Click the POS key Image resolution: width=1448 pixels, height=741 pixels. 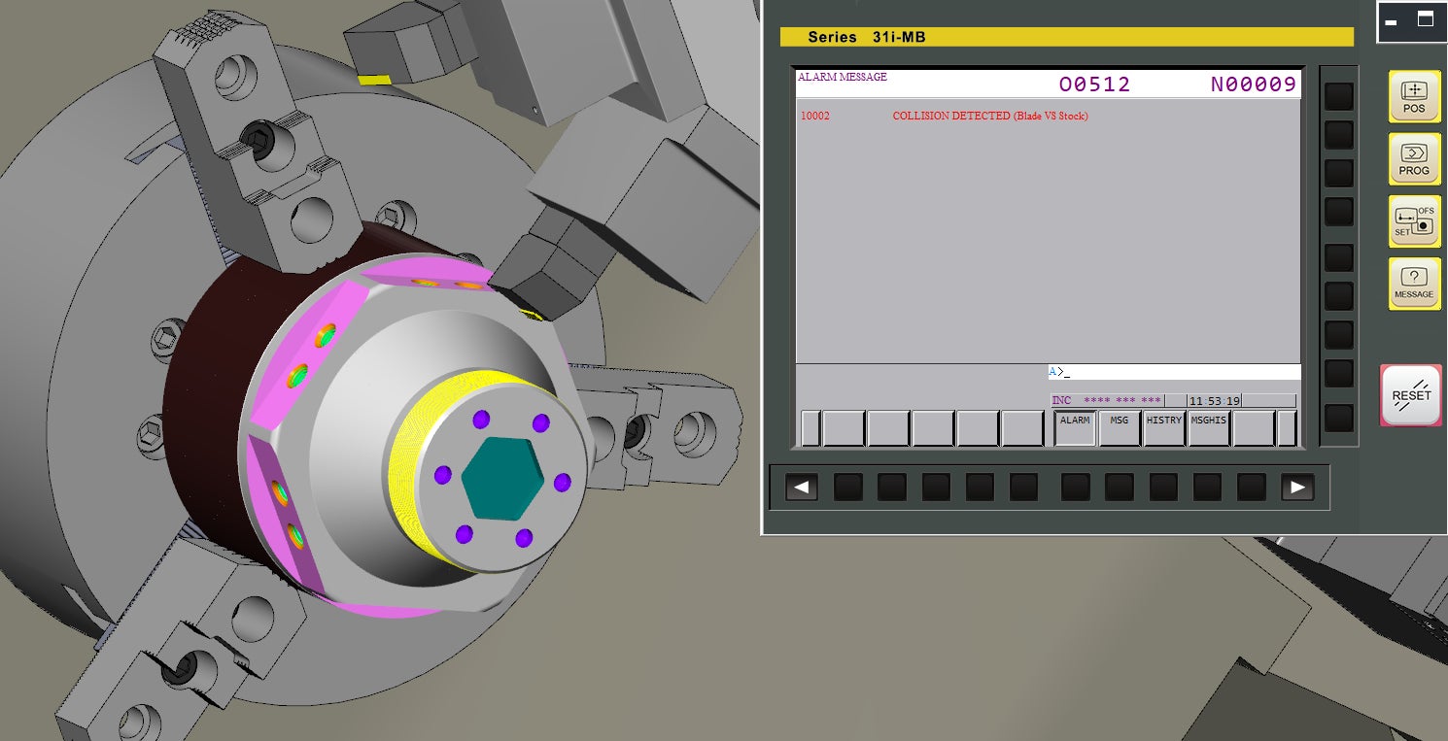pyautogui.click(x=1414, y=96)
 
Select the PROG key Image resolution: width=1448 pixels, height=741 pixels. pyautogui.click(x=1414, y=159)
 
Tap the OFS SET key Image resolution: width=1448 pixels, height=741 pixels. pyautogui.click(x=1414, y=221)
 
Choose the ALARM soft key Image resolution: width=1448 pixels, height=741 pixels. pyautogui.click(x=1075, y=427)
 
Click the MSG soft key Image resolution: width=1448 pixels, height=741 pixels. pyautogui.click(x=1119, y=427)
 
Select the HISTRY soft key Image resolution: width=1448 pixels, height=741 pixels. pyautogui.click(x=1163, y=427)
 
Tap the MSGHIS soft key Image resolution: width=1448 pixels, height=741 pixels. pyautogui.click(x=1208, y=427)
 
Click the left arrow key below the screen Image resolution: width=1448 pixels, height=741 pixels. pyautogui.click(x=801, y=488)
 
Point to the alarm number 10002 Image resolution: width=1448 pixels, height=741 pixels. pyautogui.click(x=814, y=117)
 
